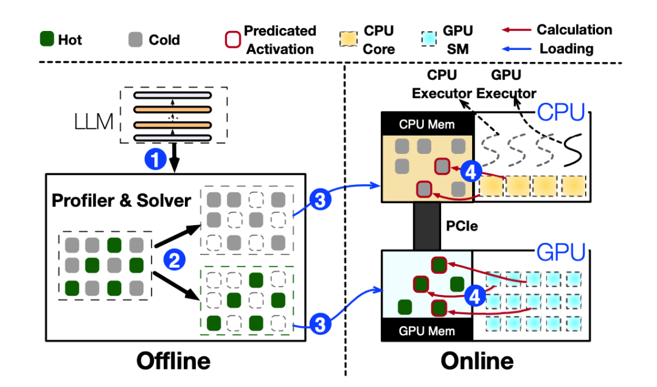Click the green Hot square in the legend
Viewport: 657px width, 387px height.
[46, 40]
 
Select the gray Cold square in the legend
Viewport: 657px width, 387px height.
[137, 40]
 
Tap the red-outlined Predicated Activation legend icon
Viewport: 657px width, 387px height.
[231, 40]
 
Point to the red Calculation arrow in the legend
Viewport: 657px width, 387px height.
[517, 30]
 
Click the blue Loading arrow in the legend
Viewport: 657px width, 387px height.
[517, 49]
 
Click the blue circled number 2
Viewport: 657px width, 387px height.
[173, 261]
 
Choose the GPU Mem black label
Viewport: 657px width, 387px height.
[426, 331]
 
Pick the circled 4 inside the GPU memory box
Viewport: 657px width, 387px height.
[476, 296]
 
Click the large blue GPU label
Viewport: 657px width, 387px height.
[560, 251]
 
